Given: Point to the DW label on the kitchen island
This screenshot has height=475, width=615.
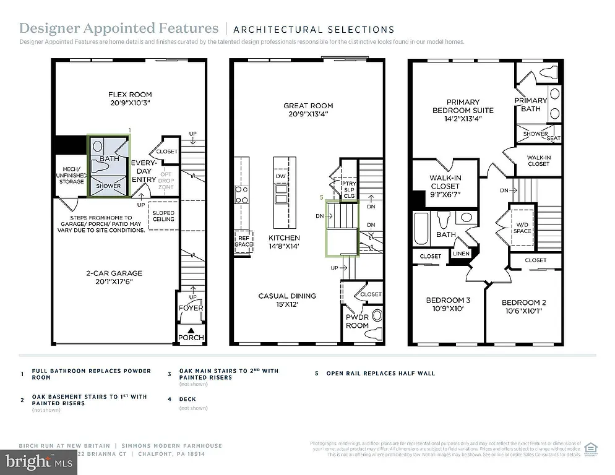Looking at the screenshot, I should tap(282, 176).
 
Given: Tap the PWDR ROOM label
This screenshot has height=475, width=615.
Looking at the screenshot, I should tap(357, 321).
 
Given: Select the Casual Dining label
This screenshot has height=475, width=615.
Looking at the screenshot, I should tap(287, 296).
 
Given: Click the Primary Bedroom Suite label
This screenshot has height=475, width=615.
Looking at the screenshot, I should tap(463, 106).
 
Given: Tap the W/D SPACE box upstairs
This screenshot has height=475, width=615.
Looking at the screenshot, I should tap(522, 227).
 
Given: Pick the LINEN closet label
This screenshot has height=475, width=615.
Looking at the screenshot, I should tap(461, 254).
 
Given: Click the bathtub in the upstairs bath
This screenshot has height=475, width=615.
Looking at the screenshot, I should tap(421, 230).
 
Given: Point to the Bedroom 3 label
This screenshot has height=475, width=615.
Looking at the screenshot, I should tap(448, 301).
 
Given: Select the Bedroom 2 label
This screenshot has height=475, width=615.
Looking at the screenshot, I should tap(523, 302).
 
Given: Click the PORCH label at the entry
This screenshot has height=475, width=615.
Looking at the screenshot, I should tap(191, 338).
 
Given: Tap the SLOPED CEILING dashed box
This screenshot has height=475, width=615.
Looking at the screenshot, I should tap(164, 215).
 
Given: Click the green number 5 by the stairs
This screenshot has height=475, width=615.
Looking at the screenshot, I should tap(322, 198).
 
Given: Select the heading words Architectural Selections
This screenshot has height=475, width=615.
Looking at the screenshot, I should tap(314, 29).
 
